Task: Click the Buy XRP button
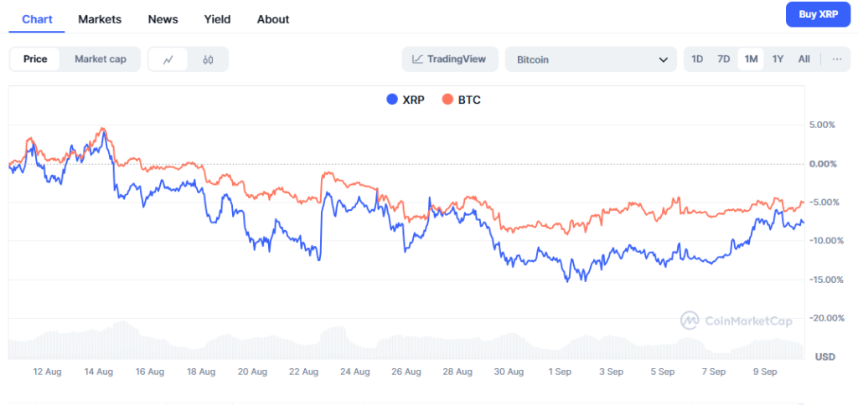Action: [x=819, y=14]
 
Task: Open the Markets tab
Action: [x=100, y=19]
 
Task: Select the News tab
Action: [x=162, y=19]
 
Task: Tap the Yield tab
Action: [x=217, y=19]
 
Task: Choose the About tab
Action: [x=273, y=19]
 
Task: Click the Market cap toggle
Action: [x=101, y=59]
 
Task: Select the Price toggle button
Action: [x=35, y=59]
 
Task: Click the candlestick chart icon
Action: [x=209, y=59]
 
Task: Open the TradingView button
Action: [x=450, y=59]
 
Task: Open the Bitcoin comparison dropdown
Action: [x=591, y=59]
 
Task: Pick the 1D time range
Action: [x=697, y=59]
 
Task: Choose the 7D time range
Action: [x=724, y=59]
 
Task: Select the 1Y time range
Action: [x=778, y=59]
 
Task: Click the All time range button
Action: [x=804, y=59]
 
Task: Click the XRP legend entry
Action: [x=406, y=100]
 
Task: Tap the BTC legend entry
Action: [x=462, y=100]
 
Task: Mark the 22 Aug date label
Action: [x=303, y=371]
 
